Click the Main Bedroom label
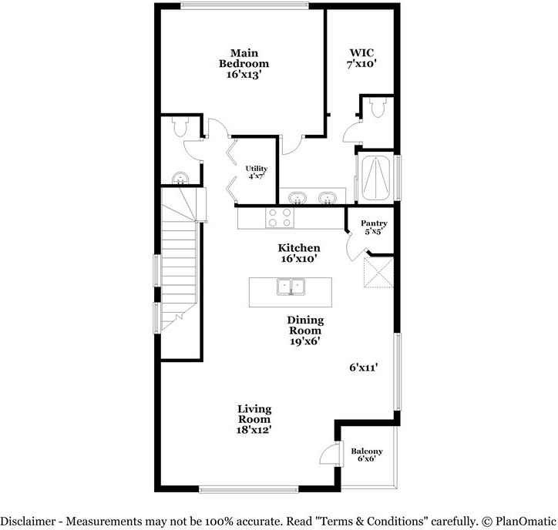tap(244, 63)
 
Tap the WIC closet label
tap(361, 59)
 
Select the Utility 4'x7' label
tap(257, 173)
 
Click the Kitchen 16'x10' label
tap(299, 253)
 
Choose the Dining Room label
tap(305, 330)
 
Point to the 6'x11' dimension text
tap(364, 368)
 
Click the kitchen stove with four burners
tap(279, 218)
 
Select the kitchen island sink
tap(291, 287)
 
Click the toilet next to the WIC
tap(376, 110)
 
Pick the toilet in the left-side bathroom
tap(180, 127)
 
